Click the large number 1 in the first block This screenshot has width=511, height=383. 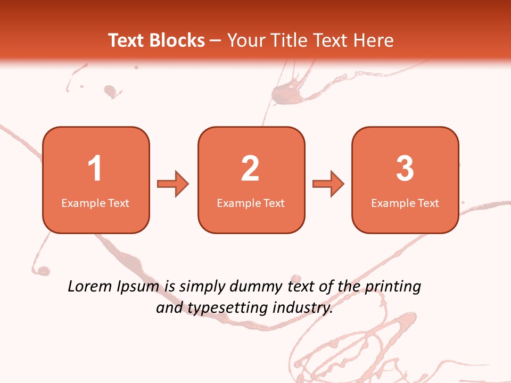[x=95, y=169]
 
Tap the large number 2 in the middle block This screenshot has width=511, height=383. [x=250, y=169]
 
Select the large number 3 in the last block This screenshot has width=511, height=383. [x=405, y=169]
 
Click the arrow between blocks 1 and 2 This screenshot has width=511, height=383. [x=173, y=184]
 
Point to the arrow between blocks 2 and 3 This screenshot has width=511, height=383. [x=328, y=184]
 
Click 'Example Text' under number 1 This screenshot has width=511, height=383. [x=95, y=203]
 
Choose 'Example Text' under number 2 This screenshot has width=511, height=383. [x=251, y=203]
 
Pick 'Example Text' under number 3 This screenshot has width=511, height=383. [x=405, y=203]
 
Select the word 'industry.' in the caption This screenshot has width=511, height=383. [x=302, y=307]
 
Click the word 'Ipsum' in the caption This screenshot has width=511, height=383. [x=137, y=287]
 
